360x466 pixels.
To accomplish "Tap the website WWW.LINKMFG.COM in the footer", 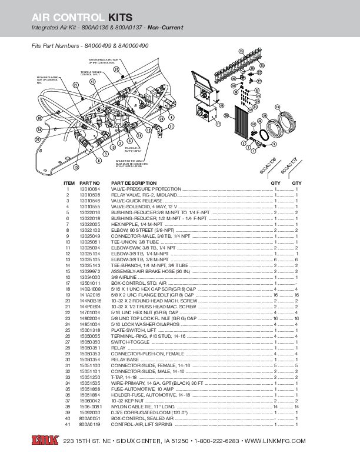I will click(275, 441).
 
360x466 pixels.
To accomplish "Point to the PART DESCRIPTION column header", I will click(134, 184).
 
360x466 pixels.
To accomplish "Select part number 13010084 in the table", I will click(90, 189).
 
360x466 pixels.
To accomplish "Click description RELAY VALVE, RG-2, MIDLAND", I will click(145, 195).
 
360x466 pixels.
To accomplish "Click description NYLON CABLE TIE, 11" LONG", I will click(143, 406).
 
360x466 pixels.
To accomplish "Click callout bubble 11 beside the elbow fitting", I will click(171, 127).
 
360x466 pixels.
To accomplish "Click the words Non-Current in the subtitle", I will click(166, 28).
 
